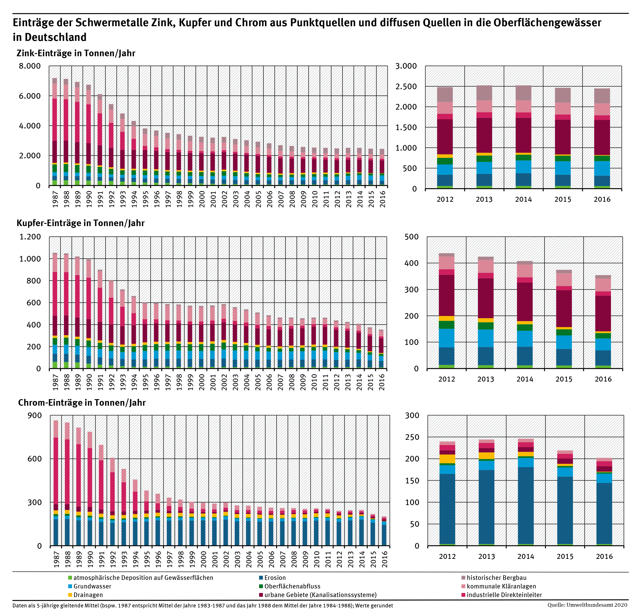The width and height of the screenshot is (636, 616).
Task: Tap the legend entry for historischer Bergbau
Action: [x=496, y=578]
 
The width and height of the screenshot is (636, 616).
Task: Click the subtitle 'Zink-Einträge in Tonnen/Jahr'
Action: [x=76, y=53]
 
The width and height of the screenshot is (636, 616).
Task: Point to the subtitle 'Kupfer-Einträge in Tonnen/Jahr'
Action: [x=80, y=223]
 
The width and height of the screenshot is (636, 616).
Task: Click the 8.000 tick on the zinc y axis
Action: [x=30, y=66]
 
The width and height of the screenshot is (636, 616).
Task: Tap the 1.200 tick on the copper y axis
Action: [x=30, y=237]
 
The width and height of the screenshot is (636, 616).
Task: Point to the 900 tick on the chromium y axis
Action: [x=35, y=416]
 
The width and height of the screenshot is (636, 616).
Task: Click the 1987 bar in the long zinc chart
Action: [x=54, y=132]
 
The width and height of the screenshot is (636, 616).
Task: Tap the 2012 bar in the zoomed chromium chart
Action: [x=447, y=493]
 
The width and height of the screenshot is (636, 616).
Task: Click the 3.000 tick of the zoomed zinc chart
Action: [x=406, y=66]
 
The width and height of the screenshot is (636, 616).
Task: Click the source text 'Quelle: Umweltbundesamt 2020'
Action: [x=587, y=605]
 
